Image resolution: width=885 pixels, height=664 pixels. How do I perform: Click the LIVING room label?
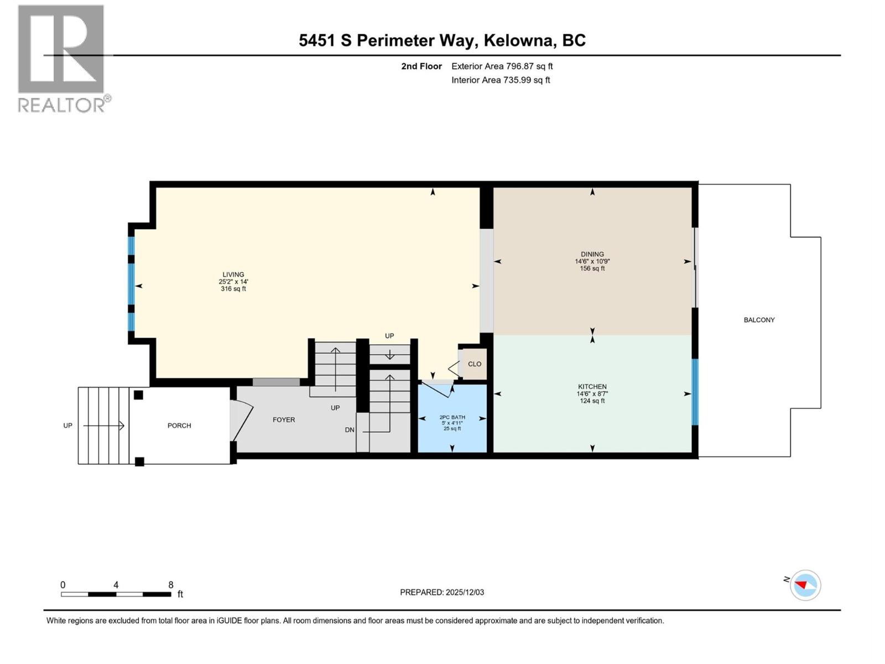(x=233, y=274)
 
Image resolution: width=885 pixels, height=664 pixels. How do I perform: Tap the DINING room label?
(x=592, y=255)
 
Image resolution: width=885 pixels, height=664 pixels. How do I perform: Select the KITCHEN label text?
(x=592, y=387)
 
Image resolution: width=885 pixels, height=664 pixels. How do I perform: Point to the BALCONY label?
(x=759, y=320)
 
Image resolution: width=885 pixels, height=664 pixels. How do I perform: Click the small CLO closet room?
(x=474, y=364)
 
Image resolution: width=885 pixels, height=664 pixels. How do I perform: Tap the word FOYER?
(x=284, y=420)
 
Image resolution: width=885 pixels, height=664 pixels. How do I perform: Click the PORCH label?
(x=179, y=426)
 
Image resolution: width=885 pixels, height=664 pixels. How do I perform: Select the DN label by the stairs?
(x=350, y=430)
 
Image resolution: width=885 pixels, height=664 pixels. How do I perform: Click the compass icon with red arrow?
(x=805, y=585)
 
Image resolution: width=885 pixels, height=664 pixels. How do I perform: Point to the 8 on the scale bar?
(x=171, y=585)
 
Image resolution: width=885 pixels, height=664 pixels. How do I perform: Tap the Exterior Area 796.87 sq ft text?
(x=502, y=66)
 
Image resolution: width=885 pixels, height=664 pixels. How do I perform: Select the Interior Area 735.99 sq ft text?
(x=501, y=80)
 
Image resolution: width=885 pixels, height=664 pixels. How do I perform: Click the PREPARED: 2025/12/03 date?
(x=442, y=592)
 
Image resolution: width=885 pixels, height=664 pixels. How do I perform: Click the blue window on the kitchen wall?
(x=695, y=392)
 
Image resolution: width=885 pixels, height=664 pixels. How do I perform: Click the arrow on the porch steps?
(x=104, y=426)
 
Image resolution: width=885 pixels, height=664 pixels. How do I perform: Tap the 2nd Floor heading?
(x=421, y=66)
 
